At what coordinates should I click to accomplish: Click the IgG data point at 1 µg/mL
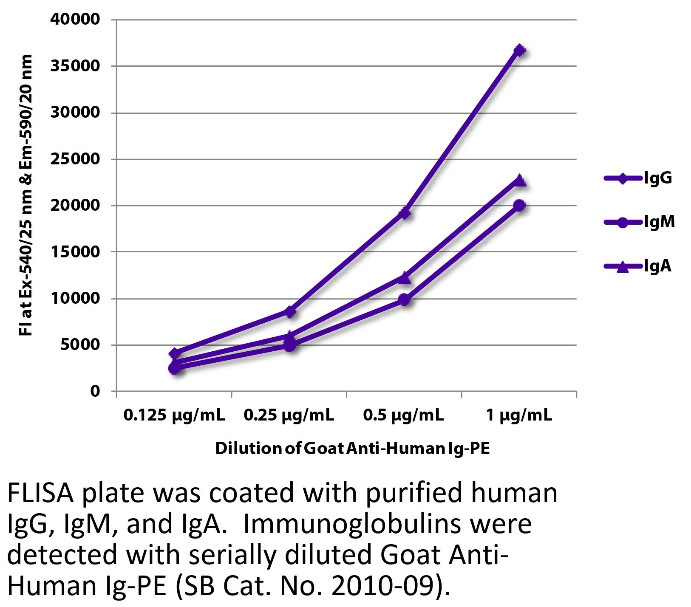point(519,51)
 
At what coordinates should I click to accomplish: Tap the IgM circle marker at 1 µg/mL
point(519,206)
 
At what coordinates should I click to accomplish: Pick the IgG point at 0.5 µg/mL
point(405,213)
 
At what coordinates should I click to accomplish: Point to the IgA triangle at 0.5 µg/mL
point(405,278)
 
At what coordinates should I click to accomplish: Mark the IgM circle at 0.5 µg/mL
point(405,300)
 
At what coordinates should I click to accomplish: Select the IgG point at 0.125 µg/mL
point(174,353)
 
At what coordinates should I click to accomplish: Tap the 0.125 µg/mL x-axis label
point(174,415)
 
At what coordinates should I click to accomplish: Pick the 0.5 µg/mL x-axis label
point(403,415)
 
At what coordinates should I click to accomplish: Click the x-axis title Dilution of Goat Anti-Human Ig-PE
point(352,449)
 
